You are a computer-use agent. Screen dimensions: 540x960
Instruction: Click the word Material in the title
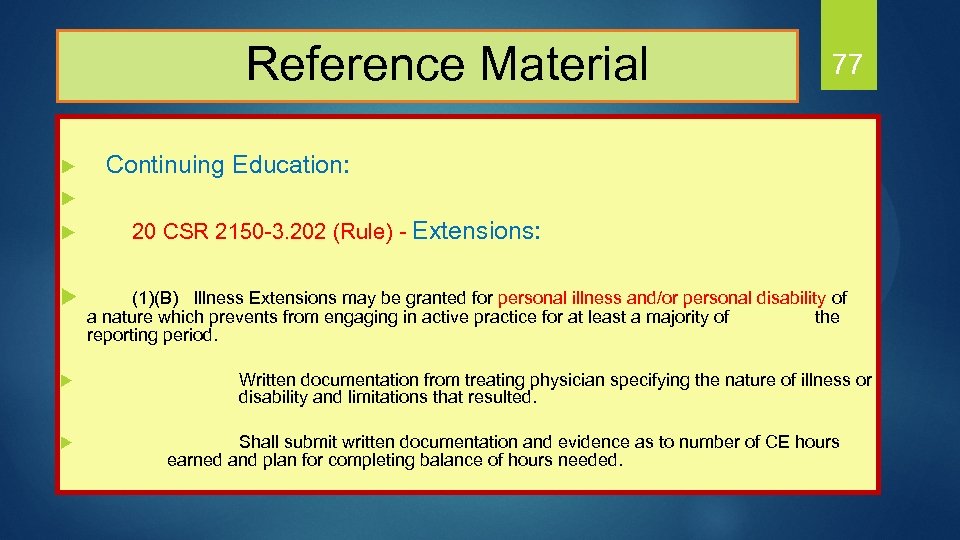(x=564, y=64)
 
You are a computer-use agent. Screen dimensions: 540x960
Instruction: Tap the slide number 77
(x=846, y=65)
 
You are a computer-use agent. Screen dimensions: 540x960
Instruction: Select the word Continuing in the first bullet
(x=165, y=165)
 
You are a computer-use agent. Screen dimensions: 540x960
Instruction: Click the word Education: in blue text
(x=290, y=165)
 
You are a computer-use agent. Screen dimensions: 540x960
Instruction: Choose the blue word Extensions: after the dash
(x=476, y=232)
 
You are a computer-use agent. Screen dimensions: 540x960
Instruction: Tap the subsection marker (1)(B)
(x=156, y=298)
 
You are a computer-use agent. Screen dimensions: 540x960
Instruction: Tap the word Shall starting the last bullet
(x=259, y=442)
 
